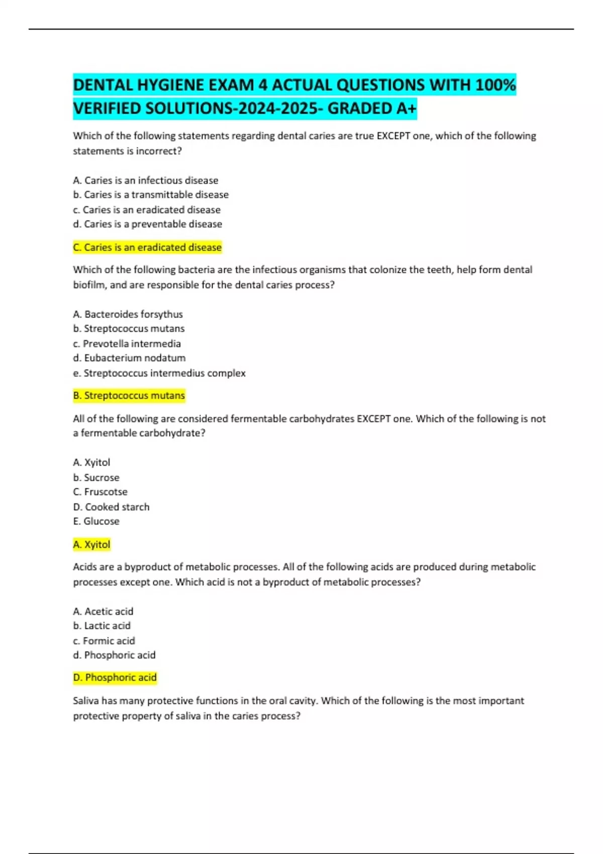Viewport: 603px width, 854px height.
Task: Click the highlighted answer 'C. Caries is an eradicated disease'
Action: point(147,247)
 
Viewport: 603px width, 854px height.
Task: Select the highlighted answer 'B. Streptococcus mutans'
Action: point(129,395)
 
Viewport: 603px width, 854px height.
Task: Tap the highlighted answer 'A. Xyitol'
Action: point(91,544)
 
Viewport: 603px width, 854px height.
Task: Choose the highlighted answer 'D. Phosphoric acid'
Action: point(115,677)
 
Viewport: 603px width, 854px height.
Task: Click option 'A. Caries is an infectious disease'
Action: point(146,180)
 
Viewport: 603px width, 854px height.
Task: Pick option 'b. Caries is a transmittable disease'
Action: point(151,194)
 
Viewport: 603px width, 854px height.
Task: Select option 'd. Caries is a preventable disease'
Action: point(148,224)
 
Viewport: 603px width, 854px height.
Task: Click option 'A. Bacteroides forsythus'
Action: point(128,314)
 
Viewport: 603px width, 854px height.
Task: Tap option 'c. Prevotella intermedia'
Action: point(127,344)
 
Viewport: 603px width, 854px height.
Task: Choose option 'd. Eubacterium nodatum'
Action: point(129,358)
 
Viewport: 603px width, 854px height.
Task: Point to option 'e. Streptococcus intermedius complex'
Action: point(159,373)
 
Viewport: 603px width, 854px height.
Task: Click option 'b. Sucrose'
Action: point(96,477)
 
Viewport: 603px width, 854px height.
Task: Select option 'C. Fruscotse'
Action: point(100,492)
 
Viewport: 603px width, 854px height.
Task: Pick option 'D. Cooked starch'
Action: point(111,507)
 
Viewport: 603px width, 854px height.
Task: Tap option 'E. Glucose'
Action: point(96,521)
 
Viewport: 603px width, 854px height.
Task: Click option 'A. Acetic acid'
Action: point(103,611)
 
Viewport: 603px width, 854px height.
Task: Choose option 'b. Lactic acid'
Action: point(102,625)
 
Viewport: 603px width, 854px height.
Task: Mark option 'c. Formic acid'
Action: point(104,640)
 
